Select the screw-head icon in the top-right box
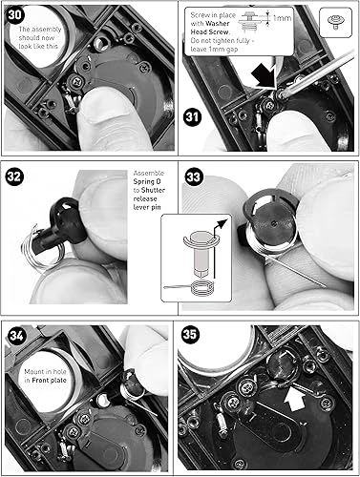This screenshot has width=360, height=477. [336, 19]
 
